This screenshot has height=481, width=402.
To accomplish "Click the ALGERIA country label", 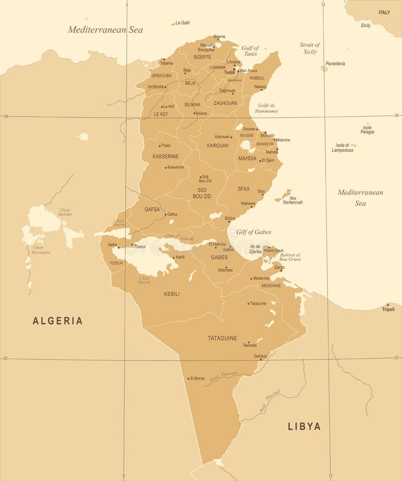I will (x=58, y=321).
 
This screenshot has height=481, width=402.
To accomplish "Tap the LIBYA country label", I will (x=304, y=426).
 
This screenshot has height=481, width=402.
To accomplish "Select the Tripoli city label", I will (x=388, y=309).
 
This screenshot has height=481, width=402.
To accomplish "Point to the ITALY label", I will (x=384, y=12).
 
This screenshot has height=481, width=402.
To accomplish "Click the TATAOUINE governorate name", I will (x=222, y=338).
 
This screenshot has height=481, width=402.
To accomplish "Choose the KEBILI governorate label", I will (x=172, y=294).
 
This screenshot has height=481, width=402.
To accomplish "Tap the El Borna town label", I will (x=197, y=378).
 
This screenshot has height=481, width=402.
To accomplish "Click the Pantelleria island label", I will (x=335, y=64).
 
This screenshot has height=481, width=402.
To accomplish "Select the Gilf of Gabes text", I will (x=253, y=232).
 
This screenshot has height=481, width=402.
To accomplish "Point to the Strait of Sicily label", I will (x=310, y=48).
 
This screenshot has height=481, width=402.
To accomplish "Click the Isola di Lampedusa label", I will (x=342, y=148).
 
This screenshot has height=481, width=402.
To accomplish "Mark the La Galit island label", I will (x=182, y=23).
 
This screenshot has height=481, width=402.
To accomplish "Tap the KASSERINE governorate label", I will (x=166, y=157).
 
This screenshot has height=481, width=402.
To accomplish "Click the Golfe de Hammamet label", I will (x=267, y=108).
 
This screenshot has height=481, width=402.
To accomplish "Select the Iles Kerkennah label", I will (x=292, y=199).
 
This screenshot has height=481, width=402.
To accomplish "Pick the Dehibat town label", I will (x=260, y=356).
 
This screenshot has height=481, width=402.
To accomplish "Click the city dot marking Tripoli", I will (x=388, y=305).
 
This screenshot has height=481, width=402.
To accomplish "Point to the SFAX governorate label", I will (x=244, y=189).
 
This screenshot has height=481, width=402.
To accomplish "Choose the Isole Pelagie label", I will (x=367, y=129).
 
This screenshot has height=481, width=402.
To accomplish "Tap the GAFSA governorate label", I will (x=152, y=210).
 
